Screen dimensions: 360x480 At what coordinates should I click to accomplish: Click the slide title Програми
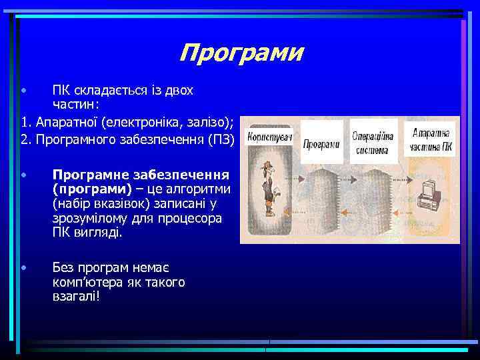[241, 52]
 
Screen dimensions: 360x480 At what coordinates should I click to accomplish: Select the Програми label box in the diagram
[321, 144]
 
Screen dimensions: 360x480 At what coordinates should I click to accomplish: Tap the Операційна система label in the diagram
[372, 141]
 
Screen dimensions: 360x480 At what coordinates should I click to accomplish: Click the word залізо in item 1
[209, 122]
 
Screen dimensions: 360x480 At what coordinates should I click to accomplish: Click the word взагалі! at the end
[76, 297]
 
